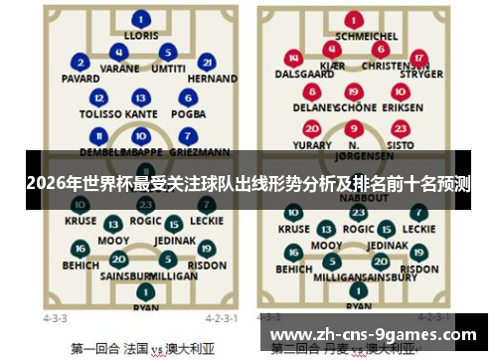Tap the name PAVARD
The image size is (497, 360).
(x=80, y=78)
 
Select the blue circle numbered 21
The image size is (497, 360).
(x=206, y=61)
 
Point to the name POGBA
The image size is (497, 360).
(x=188, y=114)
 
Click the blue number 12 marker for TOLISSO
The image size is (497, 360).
(x=98, y=97)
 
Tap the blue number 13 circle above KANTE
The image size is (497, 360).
(x=143, y=97)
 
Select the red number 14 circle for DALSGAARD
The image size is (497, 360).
(x=292, y=58)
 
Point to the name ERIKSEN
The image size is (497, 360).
(x=402, y=106)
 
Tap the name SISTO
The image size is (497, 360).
(x=401, y=144)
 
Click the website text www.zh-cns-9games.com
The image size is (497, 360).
(x=373, y=334)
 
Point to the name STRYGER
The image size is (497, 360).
(x=420, y=74)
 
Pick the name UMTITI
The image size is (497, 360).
(x=168, y=68)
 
